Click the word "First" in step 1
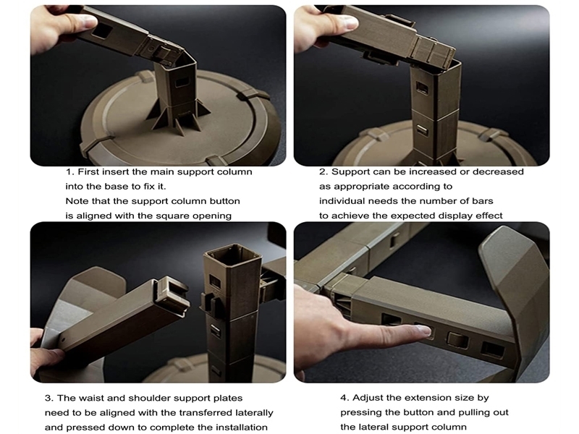pos(88,172)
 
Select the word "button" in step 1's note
pos(225,201)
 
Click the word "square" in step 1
pos(174,216)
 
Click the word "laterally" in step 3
pos(253,413)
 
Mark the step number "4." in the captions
pos(345,399)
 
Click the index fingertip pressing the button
pos(425,331)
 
